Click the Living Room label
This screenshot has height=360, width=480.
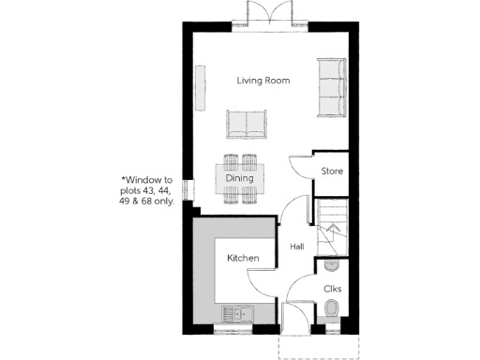tap(262, 82)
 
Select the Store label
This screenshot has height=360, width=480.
tap(332, 172)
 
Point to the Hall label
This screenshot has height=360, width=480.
tap(297, 247)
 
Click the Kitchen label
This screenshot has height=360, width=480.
tap(244, 258)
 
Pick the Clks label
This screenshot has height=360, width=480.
tap(332, 290)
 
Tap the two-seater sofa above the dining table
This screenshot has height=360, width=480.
tap(247, 125)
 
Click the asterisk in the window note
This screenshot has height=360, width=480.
tap(123, 179)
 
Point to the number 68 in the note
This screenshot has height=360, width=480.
tap(152, 201)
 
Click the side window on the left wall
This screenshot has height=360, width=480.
tap(187, 188)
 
